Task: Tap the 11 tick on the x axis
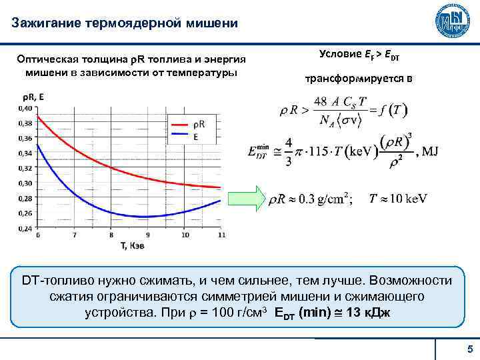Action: pos(221,235)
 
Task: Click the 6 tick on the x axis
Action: pos(37,235)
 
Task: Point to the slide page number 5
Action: pos(469,349)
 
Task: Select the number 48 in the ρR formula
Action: pos(321,101)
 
